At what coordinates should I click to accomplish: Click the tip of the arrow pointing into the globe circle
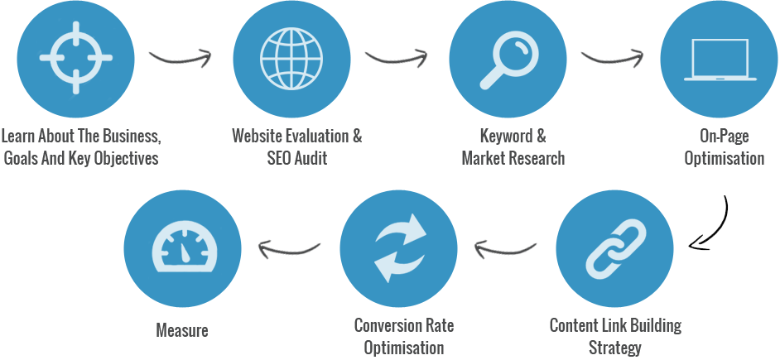tap(211, 55)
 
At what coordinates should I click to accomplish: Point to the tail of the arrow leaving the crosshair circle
tap(150, 52)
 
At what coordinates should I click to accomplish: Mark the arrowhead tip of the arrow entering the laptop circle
tap(643, 55)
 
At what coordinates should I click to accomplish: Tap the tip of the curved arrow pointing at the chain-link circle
tap(690, 245)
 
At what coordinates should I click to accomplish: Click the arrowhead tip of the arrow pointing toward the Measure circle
tap(258, 246)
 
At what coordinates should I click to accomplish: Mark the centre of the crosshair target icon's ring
tap(75, 58)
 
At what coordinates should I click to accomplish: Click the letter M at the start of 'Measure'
tap(161, 330)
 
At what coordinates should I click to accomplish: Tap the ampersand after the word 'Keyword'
tap(541, 135)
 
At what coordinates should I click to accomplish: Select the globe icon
tap(291, 58)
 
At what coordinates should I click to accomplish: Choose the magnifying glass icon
tap(507, 61)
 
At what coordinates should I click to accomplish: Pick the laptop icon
tap(720, 60)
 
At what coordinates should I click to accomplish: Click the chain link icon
tap(616, 248)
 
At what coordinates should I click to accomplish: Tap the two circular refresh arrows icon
tap(399, 248)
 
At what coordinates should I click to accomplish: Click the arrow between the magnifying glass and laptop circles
tap(613, 58)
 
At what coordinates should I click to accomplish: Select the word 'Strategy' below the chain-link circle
tap(615, 347)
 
